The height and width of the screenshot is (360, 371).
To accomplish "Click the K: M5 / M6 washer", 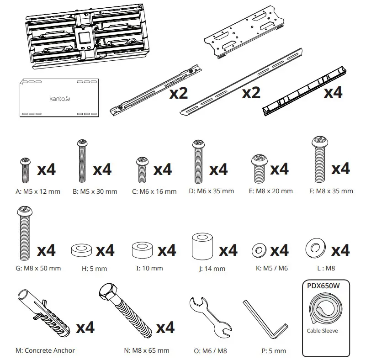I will coord(259,251).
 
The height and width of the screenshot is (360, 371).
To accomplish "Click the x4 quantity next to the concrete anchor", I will coord(85,327).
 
